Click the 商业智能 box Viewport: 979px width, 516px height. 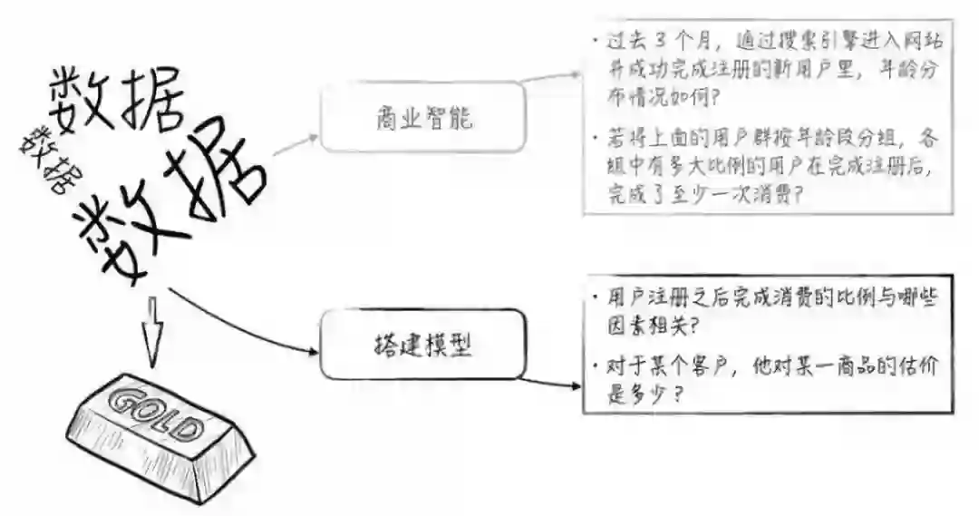pos(422,117)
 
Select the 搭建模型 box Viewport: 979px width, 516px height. pos(423,344)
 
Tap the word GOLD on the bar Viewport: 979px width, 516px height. pos(156,414)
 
